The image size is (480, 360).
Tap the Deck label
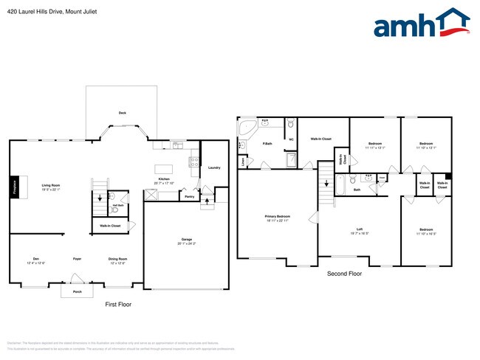pyautogui.click(x=122, y=113)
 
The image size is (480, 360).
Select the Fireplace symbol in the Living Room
pyautogui.click(x=13, y=186)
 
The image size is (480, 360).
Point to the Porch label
pyautogui.click(x=78, y=292)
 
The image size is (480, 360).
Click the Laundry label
pyautogui.click(x=214, y=167)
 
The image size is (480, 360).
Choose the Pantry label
pyautogui.click(x=190, y=197)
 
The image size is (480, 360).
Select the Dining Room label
pyautogui.click(x=118, y=259)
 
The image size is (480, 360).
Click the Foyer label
pyautogui.click(x=77, y=259)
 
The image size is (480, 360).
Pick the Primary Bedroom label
pyautogui.click(x=277, y=217)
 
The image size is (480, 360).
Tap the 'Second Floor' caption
pyautogui.click(x=344, y=274)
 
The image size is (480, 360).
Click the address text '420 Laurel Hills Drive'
pyautogui.click(x=41, y=10)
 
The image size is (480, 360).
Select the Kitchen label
pyautogui.click(x=163, y=179)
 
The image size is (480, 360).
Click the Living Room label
pyautogui.click(x=50, y=185)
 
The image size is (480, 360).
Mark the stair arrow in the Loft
pyautogui.click(x=325, y=183)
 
